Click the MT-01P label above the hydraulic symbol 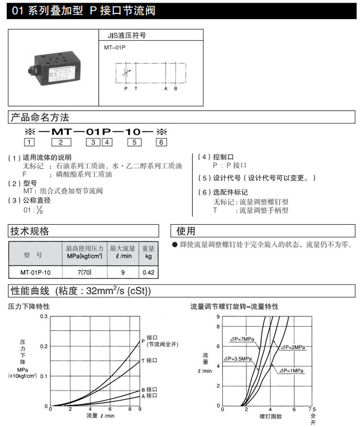(x=115, y=47)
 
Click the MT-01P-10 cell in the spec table (x=35, y=272)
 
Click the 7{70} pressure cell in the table (x=85, y=272)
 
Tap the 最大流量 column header (x=122, y=252)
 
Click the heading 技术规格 (x=30, y=231)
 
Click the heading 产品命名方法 (x=40, y=118)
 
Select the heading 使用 (x=186, y=231)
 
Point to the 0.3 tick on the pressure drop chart (x=43, y=316)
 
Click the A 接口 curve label (x=153, y=396)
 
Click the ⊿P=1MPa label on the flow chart (x=292, y=370)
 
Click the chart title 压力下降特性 (x=29, y=306)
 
